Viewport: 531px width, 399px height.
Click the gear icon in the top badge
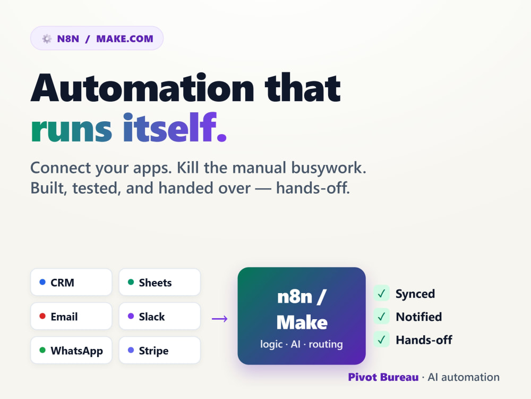click(47, 39)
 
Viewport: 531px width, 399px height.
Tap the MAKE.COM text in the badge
click(125, 39)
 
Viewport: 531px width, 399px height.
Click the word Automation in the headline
click(142, 88)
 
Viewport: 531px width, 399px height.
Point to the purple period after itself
click(221, 137)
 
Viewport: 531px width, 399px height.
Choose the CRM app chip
click(71, 282)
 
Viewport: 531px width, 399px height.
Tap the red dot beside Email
click(42, 316)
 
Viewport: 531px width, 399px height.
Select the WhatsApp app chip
click(71, 350)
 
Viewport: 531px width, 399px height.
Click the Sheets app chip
click(159, 282)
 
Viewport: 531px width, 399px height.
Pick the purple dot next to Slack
click(131, 316)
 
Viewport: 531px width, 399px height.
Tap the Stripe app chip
click(159, 350)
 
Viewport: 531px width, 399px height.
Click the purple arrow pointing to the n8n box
click(219, 319)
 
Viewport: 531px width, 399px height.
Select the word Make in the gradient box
click(302, 322)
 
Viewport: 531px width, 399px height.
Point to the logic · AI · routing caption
click(302, 344)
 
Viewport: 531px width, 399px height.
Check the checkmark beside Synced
click(382, 294)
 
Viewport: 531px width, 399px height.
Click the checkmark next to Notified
click(382, 317)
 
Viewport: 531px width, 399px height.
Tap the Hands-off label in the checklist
click(424, 339)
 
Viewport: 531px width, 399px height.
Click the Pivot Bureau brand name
click(383, 377)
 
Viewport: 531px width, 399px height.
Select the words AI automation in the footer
click(464, 377)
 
